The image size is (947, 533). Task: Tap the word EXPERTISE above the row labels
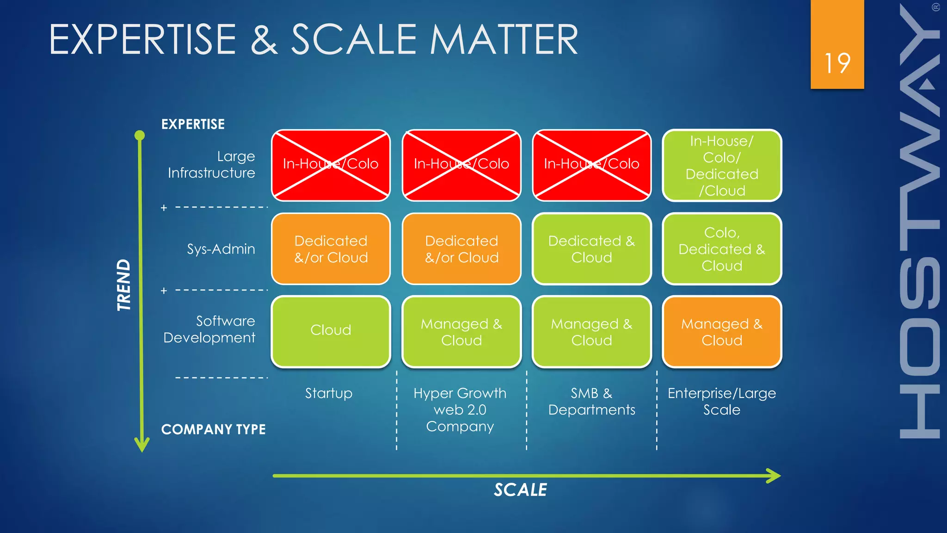click(193, 124)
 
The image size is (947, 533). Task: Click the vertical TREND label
click(123, 285)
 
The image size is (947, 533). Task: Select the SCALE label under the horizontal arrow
click(520, 490)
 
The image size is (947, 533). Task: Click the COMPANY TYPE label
click(213, 429)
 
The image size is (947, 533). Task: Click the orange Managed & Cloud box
click(721, 331)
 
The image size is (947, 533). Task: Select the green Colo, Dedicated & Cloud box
click(721, 249)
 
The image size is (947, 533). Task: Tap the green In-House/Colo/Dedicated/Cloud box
click(721, 166)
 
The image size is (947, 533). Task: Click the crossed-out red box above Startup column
click(331, 166)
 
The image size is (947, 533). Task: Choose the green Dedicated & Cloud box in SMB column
click(591, 249)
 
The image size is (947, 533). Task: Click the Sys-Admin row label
click(221, 249)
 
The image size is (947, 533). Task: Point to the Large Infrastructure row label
click(211, 165)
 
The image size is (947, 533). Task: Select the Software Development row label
click(209, 329)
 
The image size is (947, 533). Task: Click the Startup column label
click(328, 393)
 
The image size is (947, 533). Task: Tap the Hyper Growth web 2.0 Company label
click(460, 409)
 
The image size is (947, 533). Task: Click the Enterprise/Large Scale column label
click(721, 401)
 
